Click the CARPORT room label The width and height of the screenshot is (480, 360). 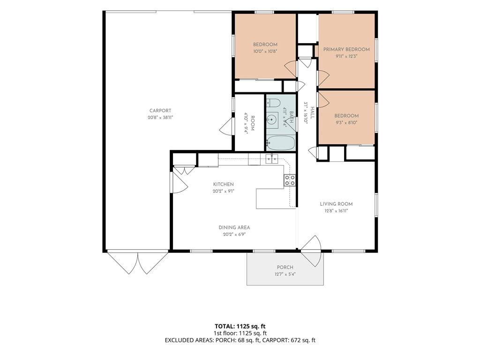[x=160, y=111]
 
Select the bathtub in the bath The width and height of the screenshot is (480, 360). [x=280, y=143]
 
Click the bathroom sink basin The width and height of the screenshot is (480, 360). [x=271, y=120]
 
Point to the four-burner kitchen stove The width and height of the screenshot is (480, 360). [x=290, y=180]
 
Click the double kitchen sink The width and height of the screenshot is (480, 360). [x=271, y=159]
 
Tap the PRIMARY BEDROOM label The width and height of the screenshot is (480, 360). [x=346, y=49]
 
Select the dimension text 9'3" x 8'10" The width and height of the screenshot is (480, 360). [x=346, y=123]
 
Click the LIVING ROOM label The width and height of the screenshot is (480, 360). [x=336, y=204]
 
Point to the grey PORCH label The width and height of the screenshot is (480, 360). [x=285, y=267]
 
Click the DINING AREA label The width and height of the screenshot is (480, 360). [x=234, y=227]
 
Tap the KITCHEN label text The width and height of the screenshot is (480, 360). [x=224, y=184]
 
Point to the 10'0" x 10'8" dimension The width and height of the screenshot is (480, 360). [x=265, y=52]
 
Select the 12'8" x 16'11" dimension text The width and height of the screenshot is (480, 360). [x=336, y=211]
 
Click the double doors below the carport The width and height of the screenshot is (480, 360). [x=138, y=262]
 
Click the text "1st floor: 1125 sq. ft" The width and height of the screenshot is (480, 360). [x=240, y=333]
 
